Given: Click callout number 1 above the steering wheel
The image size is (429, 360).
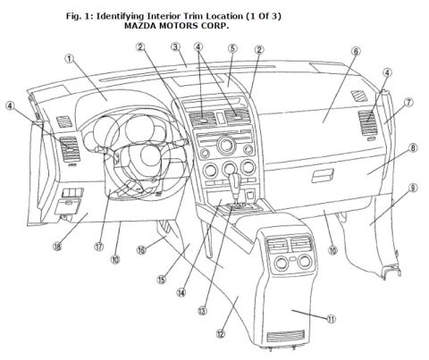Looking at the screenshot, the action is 69,58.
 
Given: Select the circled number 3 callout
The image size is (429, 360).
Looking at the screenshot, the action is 176,47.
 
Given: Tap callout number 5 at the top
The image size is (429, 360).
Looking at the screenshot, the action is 232,48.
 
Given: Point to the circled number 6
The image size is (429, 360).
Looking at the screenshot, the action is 356,51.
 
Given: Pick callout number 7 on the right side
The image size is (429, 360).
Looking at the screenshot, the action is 408,103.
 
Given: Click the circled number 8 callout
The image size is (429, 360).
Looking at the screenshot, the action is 413,148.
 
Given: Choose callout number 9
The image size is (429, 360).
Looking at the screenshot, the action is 413,188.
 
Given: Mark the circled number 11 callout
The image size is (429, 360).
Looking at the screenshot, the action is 331,319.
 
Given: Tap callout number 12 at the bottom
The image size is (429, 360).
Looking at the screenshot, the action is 220,334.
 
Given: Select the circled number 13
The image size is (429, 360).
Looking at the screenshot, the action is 202,311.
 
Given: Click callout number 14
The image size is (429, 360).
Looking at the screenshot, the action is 181,293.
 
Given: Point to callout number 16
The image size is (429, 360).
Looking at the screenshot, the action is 141,250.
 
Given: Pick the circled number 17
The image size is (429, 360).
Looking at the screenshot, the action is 99,247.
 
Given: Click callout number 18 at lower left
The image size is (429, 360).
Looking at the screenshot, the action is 57,247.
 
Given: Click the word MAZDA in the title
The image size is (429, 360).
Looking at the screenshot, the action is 140,26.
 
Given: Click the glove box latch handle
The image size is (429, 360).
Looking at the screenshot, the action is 323,175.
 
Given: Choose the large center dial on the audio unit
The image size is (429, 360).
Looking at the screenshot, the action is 226,145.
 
